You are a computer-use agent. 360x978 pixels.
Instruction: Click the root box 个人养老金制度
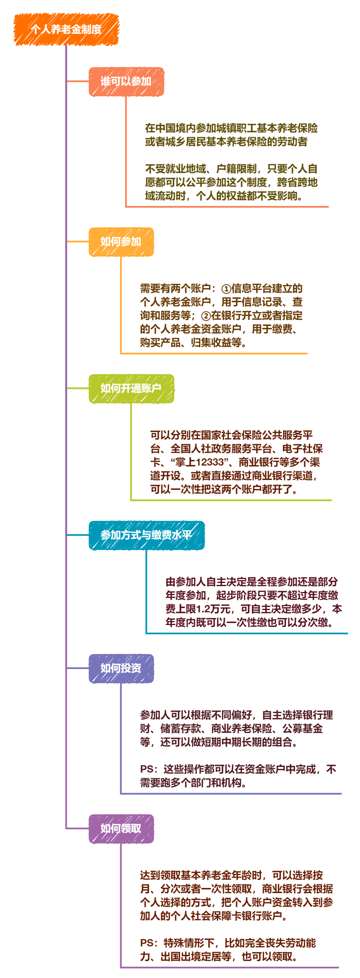66,29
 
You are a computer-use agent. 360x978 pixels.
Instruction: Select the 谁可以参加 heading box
126,81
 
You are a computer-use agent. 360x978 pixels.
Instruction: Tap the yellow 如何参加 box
121,241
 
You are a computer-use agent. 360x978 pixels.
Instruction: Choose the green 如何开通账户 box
131,388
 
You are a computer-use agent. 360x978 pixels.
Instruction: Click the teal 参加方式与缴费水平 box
146,535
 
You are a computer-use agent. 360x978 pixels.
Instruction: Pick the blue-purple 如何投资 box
121,668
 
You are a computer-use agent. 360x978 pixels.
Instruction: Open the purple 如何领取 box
121,828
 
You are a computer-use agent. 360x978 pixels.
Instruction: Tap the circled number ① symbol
226,289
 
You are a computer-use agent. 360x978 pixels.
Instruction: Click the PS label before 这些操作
147,769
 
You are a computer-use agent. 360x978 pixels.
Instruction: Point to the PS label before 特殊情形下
147,943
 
